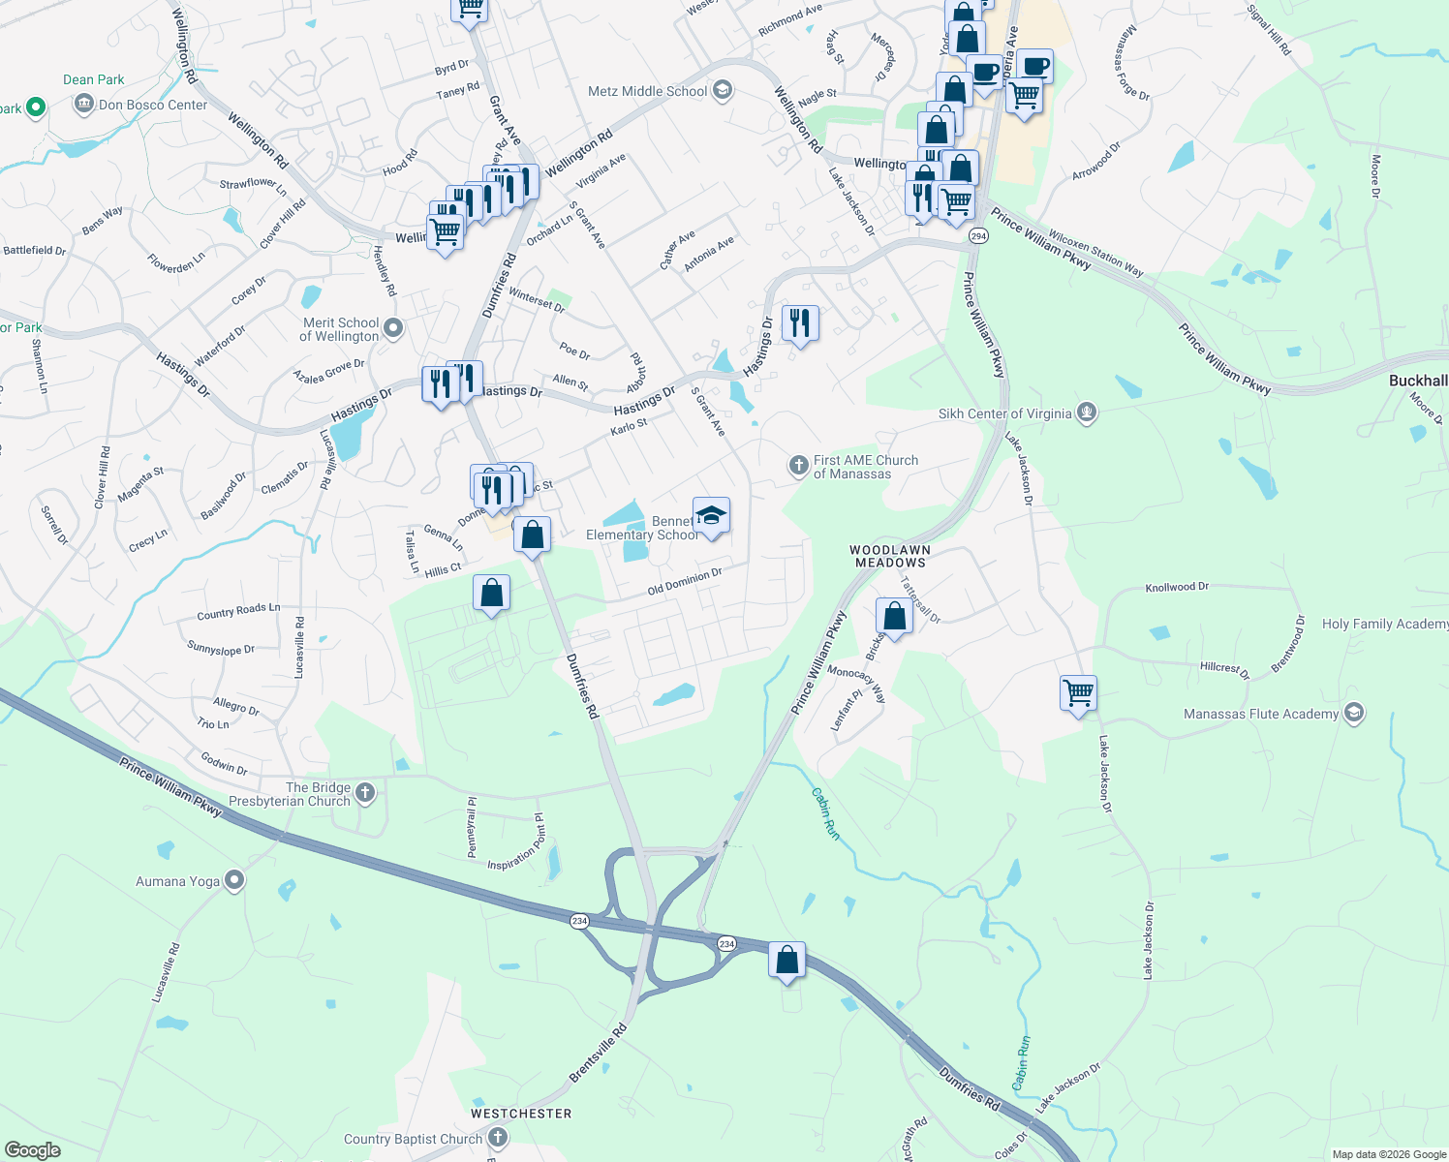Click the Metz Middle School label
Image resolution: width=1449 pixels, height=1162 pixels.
[648, 91]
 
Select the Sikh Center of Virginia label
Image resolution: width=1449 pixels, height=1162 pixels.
[1004, 413]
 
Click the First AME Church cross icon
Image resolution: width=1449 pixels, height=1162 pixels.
[798, 467]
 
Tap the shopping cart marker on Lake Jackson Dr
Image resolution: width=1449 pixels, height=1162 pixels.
[1078, 693]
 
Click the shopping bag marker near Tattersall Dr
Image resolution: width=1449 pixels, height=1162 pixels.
[894, 617]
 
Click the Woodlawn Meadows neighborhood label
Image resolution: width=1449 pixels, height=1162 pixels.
[890, 556]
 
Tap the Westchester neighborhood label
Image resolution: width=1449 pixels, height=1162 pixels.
[521, 1114]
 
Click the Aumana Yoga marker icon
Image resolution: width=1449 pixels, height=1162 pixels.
[234, 880]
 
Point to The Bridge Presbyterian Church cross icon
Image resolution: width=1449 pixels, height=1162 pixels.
[365, 794]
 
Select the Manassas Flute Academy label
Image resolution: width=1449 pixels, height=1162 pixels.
[1261, 714]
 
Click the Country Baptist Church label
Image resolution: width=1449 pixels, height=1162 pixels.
[413, 1139]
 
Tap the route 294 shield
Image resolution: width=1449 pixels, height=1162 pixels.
[978, 236]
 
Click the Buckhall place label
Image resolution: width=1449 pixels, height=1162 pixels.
[1418, 381]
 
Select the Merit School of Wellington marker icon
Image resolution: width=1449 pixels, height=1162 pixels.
[393, 329]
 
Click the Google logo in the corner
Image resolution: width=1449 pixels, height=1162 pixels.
[33, 1149]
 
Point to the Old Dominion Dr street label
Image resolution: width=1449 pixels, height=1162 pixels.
[685, 582]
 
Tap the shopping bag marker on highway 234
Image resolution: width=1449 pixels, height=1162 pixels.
[786, 961]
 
